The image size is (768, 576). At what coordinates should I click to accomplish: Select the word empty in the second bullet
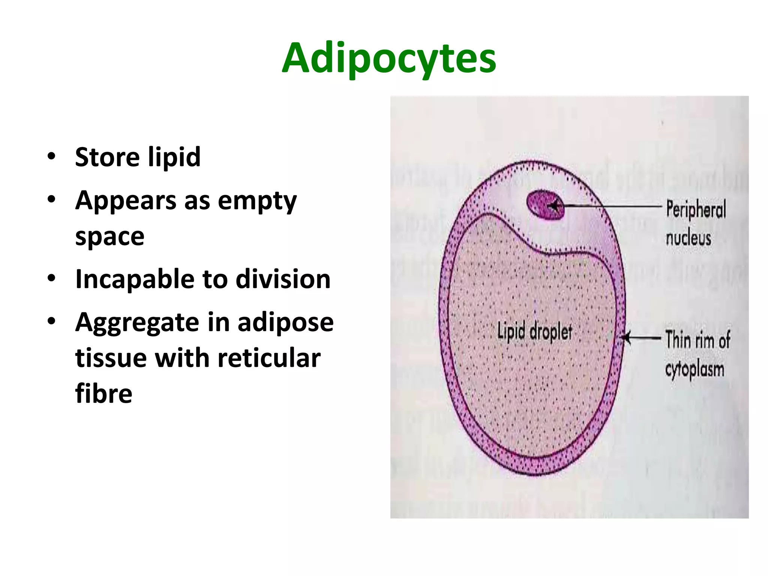257,201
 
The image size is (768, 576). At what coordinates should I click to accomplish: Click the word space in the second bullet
109,236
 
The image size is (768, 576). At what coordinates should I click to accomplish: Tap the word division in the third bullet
283,279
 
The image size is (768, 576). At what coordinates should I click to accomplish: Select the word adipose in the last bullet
285,322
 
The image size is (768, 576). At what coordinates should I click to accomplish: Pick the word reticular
269,358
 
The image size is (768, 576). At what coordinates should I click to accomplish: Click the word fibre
103,393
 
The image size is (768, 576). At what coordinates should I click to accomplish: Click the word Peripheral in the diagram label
696,209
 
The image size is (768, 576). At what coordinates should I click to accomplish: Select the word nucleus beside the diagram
688,238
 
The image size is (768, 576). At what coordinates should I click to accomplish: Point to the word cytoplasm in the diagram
694,370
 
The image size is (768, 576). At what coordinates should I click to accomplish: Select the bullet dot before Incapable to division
51,278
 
